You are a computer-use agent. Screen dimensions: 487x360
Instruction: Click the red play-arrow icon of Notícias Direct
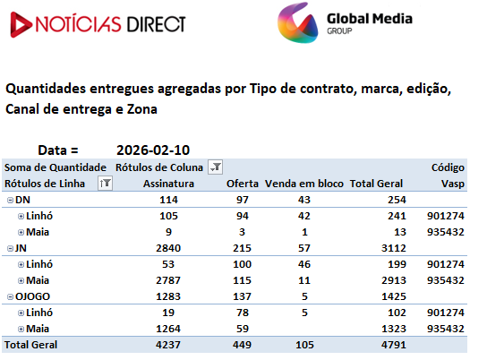coord(21,24)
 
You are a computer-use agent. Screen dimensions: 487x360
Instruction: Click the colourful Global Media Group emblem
coord(297,22)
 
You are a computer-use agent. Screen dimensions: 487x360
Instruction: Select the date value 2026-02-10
coord(153,150)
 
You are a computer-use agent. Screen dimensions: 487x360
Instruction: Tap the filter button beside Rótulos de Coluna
coord(215,167)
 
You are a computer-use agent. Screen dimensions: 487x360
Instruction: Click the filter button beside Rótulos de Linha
coord(105,184)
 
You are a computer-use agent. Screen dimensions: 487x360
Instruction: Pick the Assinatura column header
coord(168,184)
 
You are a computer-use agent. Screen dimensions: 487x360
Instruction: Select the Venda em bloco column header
coord(304,184)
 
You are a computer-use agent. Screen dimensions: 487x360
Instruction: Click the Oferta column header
coord(243,184)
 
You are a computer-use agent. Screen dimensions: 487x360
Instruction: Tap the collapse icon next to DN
coord(10,201)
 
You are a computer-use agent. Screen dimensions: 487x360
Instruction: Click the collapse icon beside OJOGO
coord(10,297)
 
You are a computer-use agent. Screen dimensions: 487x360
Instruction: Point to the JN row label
coord(21,248)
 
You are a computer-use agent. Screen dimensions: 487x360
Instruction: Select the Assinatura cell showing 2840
coord(168,248)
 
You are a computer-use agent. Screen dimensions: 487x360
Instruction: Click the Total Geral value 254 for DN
coord(397,200)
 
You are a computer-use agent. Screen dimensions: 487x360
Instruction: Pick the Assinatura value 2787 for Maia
coord(168,280)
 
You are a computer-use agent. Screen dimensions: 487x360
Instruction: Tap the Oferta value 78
coord(243,313)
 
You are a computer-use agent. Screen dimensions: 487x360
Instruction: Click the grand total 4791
coord(394,345)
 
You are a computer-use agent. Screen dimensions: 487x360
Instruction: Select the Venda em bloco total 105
coord(304,345)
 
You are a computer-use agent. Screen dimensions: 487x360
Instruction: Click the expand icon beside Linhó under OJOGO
coord(21,313)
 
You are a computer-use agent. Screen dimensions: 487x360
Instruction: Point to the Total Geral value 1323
coord(394,329)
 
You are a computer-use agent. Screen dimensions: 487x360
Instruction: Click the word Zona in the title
coord(142,109)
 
